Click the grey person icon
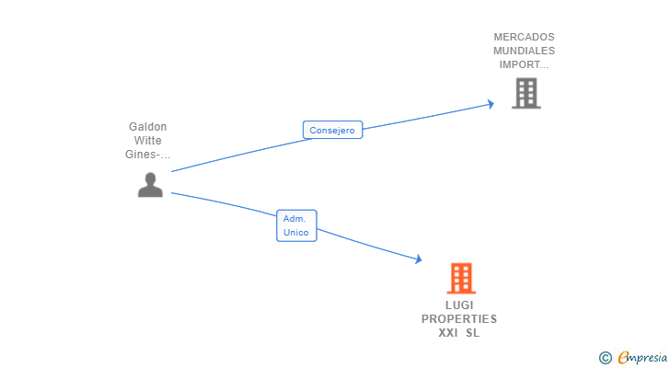click(150, 185)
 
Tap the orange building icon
click(461, 278)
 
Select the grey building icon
click(526, 93)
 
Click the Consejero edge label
click(332, 131)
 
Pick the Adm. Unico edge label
click(296, 225)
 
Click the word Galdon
click(148, 127)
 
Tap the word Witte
click(148, 141)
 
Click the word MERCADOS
click(524, 38)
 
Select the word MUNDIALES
click(524, 52)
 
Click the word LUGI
click(459, 305)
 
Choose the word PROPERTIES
click(459, 319)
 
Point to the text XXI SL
click(459, 333)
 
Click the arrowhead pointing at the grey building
click(491, 105)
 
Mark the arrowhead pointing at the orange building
click(419, 260)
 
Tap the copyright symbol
click(605, 358)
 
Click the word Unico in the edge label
click(296, 233)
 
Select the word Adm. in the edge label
click(295, 219)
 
